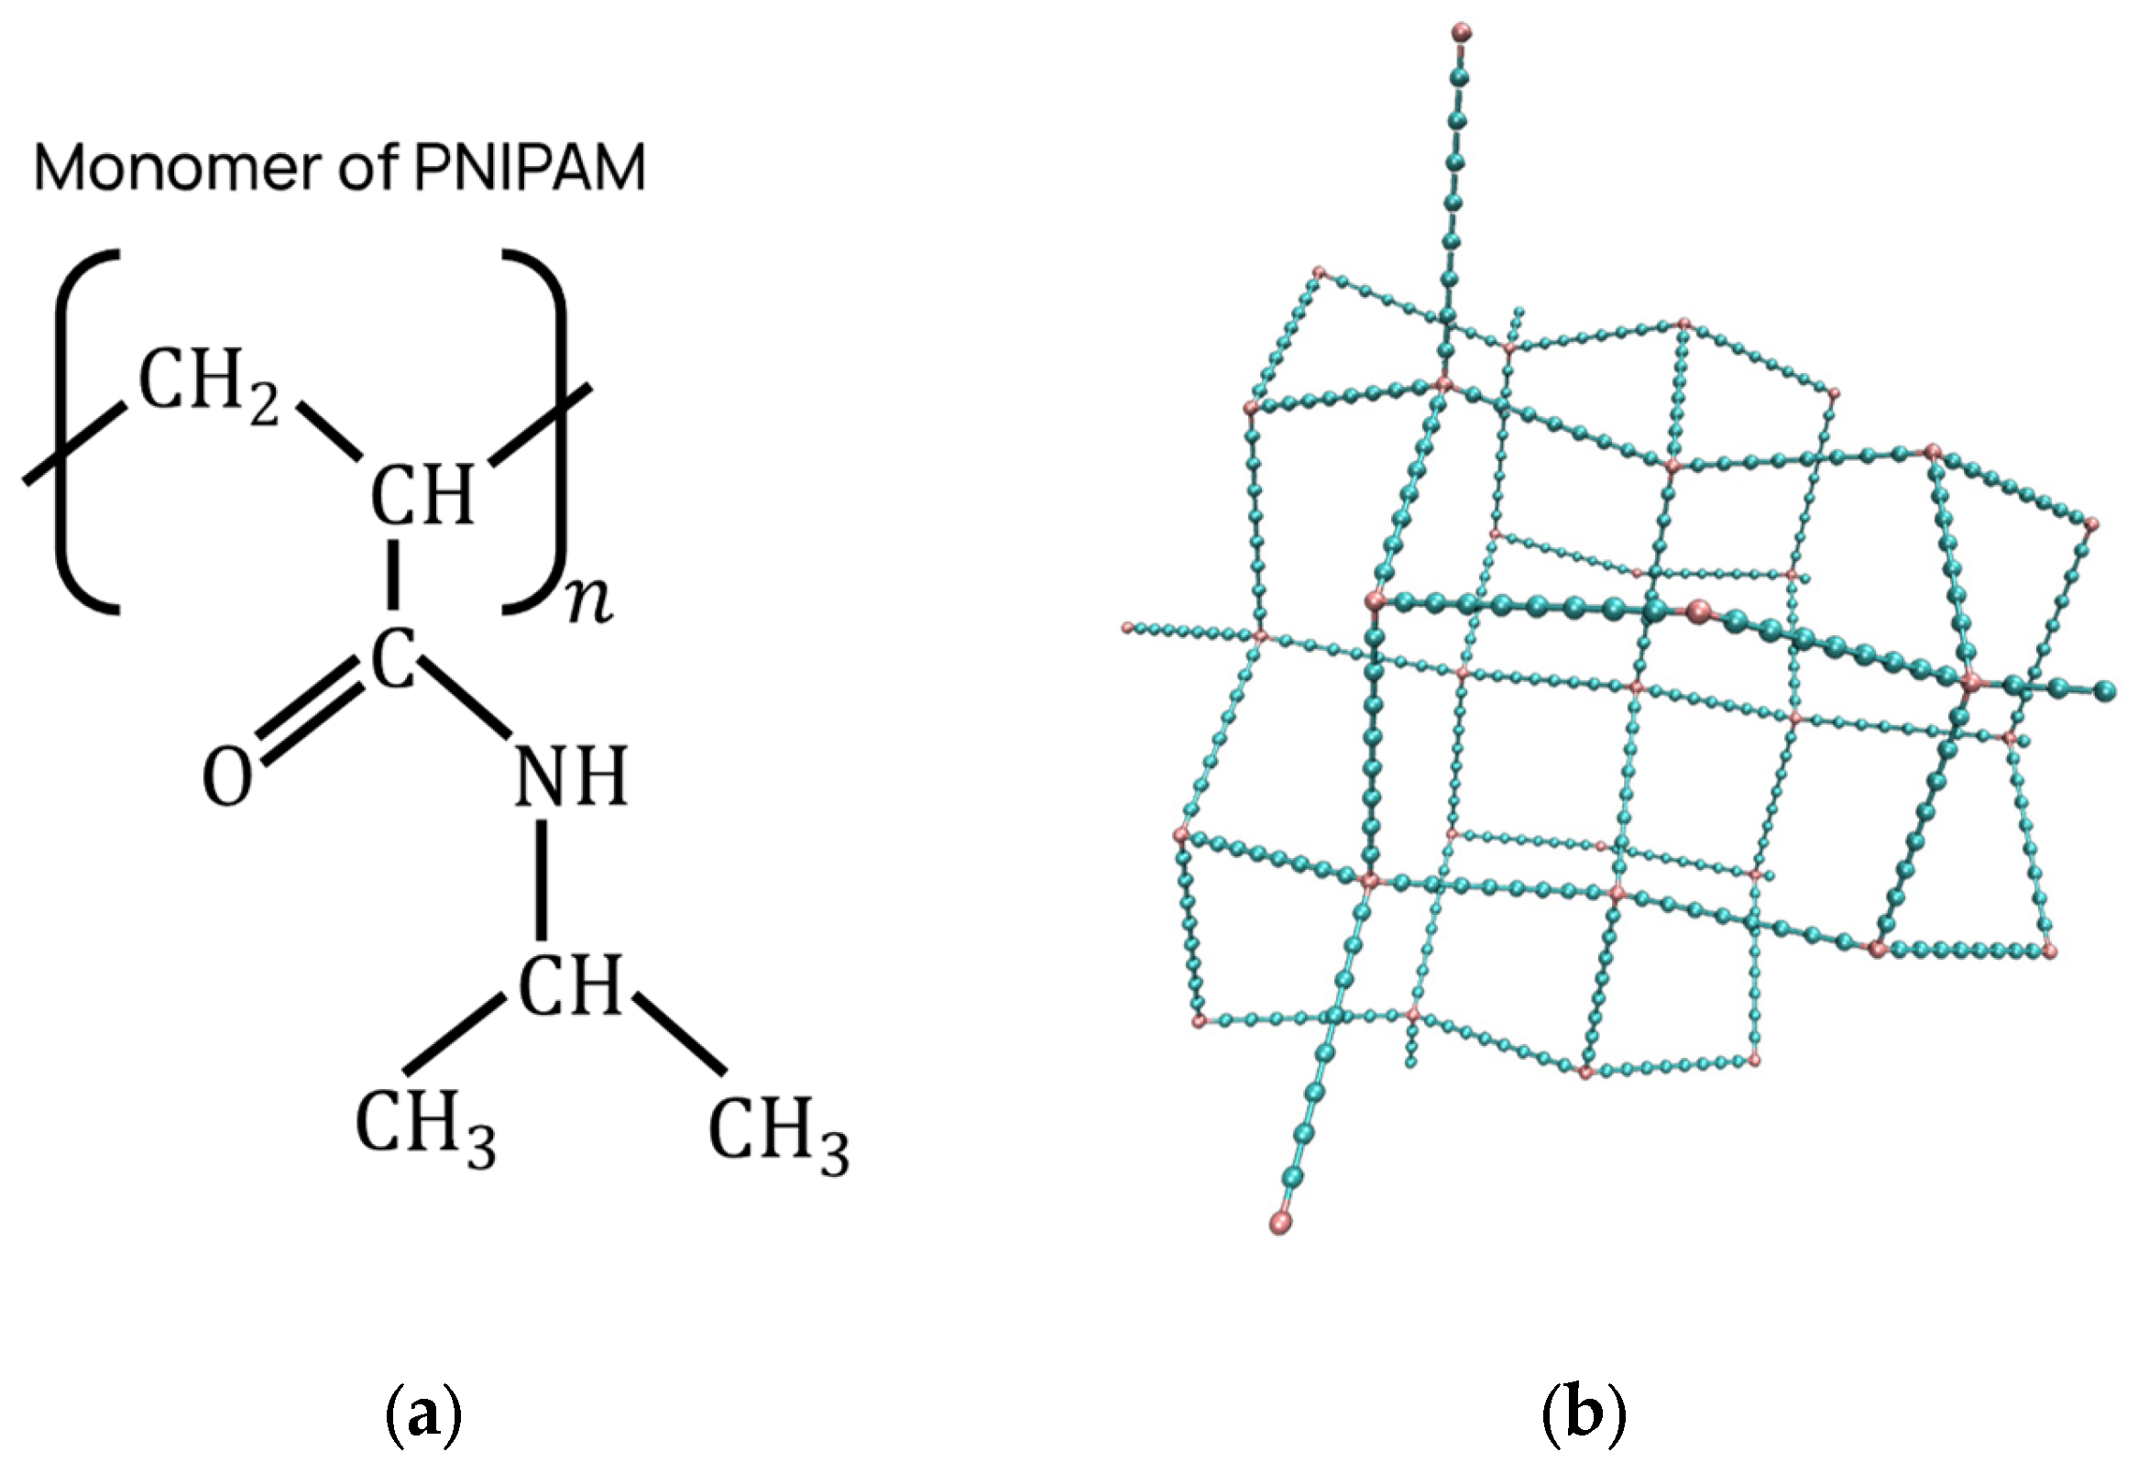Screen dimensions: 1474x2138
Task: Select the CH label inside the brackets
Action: tap(422, 495)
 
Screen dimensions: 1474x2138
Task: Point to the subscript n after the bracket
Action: tap(590, 602)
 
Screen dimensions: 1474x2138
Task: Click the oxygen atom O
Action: tap(227, 776)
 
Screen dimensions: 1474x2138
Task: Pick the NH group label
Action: tap(571, 775)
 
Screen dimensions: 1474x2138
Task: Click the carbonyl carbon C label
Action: tap(393, 659)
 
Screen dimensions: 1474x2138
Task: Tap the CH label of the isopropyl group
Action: tap(570, 984)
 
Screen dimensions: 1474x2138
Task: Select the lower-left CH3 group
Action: tap(424, 1127)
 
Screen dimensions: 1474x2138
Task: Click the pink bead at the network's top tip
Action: tap(1462, 34)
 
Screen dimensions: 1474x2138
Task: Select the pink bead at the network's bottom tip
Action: tap(1280, 1224)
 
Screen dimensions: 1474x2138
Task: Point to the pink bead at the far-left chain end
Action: tap(1127, 628)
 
